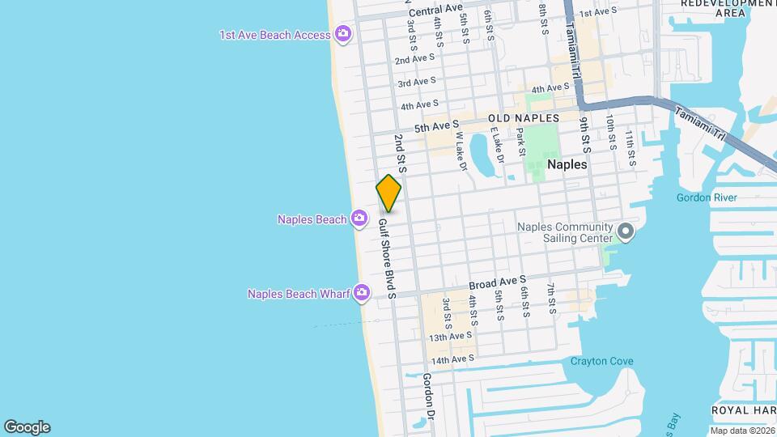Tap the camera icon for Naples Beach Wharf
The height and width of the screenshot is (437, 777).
362,293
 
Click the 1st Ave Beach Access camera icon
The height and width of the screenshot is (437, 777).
342,34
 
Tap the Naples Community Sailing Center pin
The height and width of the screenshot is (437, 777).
625,232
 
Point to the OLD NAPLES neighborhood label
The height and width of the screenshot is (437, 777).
524,118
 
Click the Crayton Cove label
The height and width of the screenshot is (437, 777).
601,361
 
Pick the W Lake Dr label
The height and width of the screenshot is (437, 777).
461,151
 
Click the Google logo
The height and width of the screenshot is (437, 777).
27,427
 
